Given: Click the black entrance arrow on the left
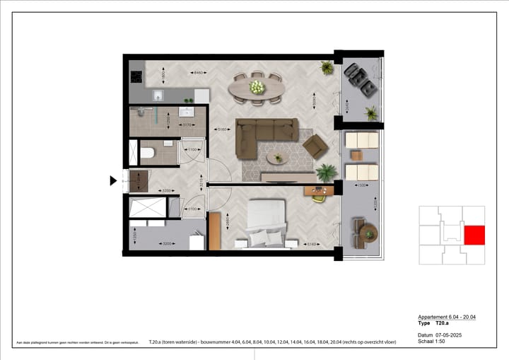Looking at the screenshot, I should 113,180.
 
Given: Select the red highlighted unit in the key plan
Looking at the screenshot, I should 474,235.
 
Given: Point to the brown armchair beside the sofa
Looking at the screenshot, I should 315,146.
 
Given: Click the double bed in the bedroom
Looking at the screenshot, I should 267,223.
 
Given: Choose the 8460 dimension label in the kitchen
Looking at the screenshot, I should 199,72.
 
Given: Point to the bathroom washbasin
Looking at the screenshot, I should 189,111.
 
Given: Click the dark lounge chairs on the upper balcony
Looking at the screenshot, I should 360,79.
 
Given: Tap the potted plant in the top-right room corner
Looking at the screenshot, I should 327,68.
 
